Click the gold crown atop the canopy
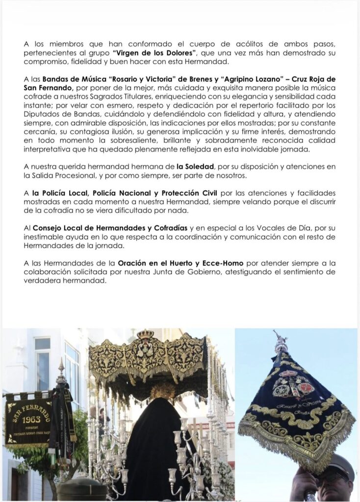145,334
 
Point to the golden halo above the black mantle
162,391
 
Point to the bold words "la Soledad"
195,167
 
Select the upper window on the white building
42,343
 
